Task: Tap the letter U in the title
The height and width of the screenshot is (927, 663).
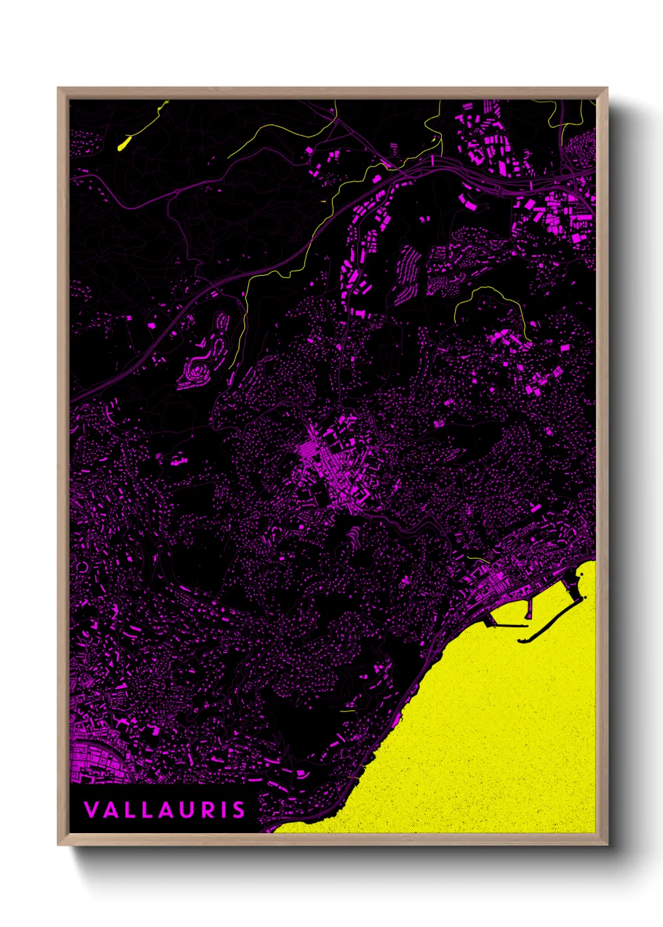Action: pyautogui.click(x=191, y=810)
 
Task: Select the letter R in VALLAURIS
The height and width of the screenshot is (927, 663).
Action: pyautogui.click(x=211, y=810)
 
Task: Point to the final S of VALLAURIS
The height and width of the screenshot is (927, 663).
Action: pyautogui.click(x=239, y=810)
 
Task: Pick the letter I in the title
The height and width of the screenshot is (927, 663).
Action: pyautogui.click(x=225, y=810)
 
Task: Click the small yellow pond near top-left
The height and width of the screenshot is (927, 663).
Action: pyautogui.click(x=123, y=143)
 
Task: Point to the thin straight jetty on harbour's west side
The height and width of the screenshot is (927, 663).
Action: pyautogui.click(x=509, y=625)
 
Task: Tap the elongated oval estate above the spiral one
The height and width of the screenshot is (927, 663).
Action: pyautogui.click(x=221, y=328)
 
